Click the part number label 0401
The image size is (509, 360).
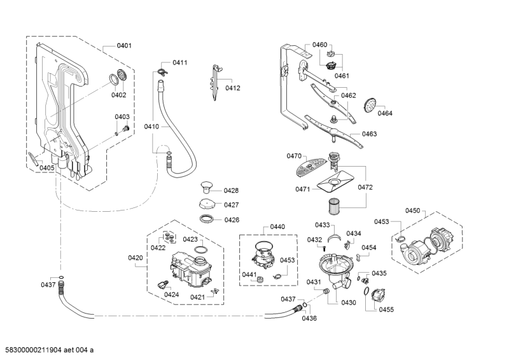tap(125, 45)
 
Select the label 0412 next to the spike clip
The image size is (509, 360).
tap(233, 88)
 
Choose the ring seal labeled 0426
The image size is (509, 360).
tap(207, 219)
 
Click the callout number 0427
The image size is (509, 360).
tap(231, 205)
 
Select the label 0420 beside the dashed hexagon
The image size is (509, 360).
tap(136, 258)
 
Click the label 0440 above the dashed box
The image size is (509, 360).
tap(277, 226)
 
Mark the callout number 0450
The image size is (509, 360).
tap(413, 211)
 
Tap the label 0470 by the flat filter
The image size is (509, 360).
tap(294, 156)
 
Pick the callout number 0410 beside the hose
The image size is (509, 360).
tap(151, 127)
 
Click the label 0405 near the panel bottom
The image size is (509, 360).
tap(46, 167)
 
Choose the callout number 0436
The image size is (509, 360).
tap(309, 318)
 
